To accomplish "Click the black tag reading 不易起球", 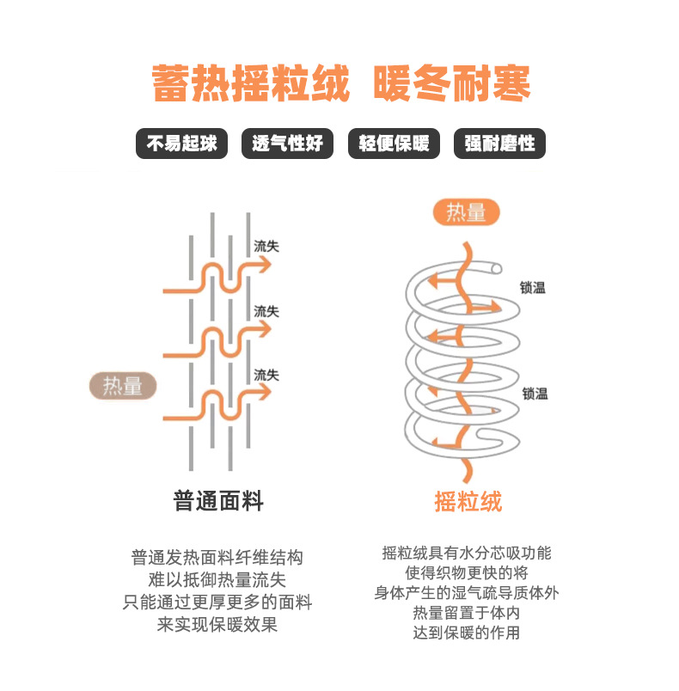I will [181, 144].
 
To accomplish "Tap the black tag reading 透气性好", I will [287, 144].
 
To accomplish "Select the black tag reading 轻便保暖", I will [394, 144].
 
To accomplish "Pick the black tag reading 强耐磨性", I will [499, 144].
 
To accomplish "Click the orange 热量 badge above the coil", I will [466, 212].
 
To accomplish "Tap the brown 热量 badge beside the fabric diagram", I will [123, 387].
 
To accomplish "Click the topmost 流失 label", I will [266, 247].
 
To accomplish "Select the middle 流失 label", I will [266, 311].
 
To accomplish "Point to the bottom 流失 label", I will [266, 375].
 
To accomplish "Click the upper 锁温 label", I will [533, 288].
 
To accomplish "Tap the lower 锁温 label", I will [535, 394].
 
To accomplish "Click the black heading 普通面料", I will [218, 501].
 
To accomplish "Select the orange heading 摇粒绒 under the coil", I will [468, 501].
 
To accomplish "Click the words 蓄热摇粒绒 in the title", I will [251, 84].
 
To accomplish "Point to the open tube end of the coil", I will [496, 269].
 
